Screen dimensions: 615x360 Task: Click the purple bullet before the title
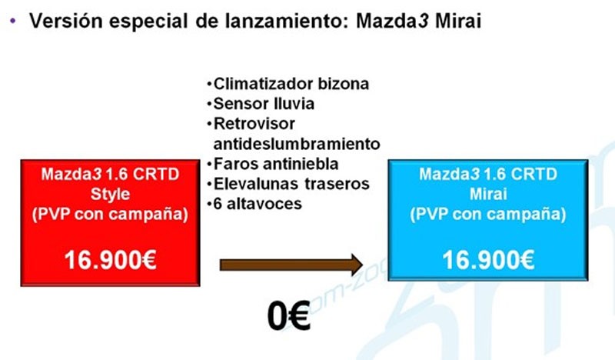pos(13,21)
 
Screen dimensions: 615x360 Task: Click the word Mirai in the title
pos(458,21)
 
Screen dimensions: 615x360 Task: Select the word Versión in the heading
pos(66,21)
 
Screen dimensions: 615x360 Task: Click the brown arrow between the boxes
pos(291,265)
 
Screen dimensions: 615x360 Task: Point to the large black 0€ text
pos(289,315)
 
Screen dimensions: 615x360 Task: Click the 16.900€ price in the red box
pos(110,260)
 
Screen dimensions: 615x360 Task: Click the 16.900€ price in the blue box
pos(488,260)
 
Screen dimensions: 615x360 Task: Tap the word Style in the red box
pos(110,194)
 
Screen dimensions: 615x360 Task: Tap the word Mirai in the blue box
pos(488,194)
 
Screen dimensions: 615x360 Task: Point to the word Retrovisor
pos(254,124)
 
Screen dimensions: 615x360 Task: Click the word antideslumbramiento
pos(297,144)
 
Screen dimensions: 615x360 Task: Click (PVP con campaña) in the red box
pos(110,215)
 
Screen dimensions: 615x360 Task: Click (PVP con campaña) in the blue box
pos(488,215)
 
